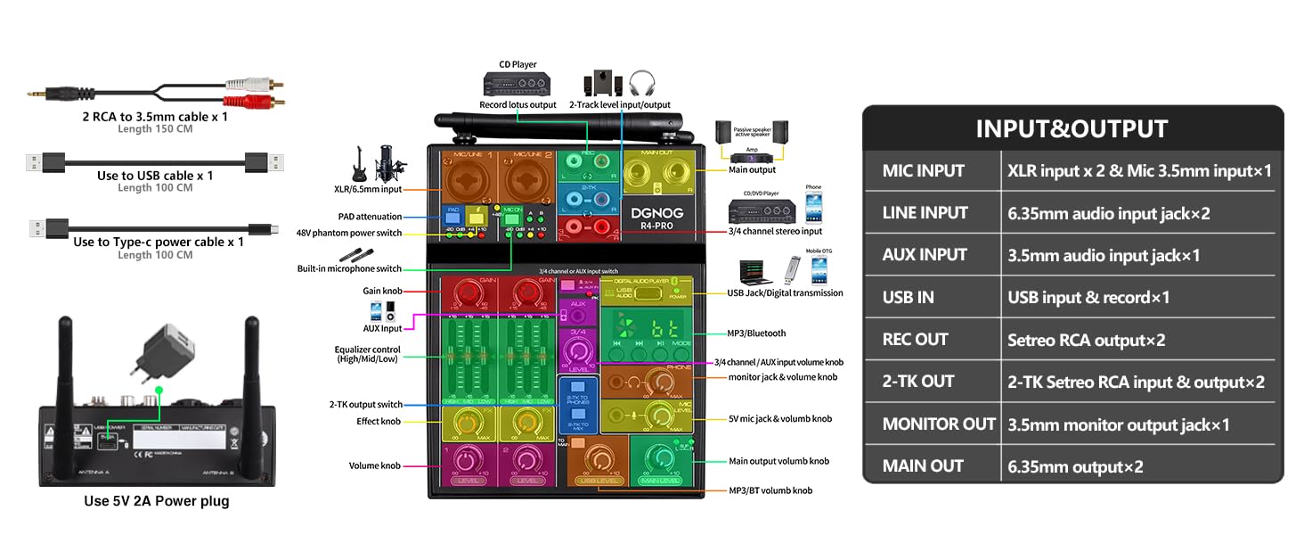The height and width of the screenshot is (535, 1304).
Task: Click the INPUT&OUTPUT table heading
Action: coord(1072,128)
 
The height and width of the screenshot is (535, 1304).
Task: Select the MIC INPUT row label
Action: coord(924,170)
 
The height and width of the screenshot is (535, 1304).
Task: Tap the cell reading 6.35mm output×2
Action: coord(1075,466)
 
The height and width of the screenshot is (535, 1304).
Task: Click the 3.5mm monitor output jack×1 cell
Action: coord(1118,424)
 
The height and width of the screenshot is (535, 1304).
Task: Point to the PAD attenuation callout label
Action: coord(370,217)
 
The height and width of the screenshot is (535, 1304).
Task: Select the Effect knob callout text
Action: coord(379,422)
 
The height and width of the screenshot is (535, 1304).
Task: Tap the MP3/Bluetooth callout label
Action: coord(757,333)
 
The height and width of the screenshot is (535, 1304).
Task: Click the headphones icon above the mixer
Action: coord(641,84)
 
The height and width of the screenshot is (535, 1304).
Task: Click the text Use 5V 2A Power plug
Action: coord(157,501)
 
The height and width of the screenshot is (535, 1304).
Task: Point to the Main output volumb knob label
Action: coord(778,461)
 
